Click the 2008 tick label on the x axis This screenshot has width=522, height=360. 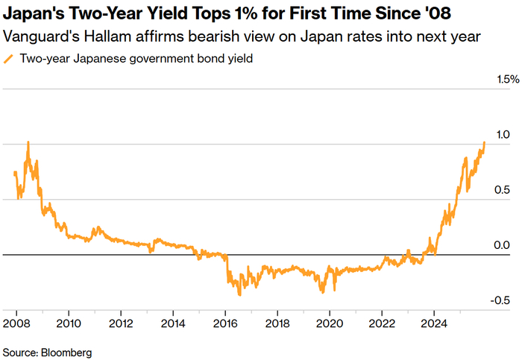coord(16,323)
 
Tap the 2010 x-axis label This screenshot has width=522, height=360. coord(69,323)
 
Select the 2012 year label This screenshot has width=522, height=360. coord(121,323)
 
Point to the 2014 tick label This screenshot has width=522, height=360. coord(173,323)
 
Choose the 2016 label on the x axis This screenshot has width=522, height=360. coord(225,323)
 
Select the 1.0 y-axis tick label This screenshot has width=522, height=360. coord(501,135)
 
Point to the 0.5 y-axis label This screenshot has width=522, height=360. coord(501,190)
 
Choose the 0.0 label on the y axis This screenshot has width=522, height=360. coord(501,245)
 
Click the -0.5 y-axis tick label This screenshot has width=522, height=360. coord(500,300)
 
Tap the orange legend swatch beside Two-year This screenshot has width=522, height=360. coord(9,59)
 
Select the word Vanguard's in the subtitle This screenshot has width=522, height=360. coord(35,37)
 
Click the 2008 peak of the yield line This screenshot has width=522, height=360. coord(28,142)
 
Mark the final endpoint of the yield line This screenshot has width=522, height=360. coord(485,142)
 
